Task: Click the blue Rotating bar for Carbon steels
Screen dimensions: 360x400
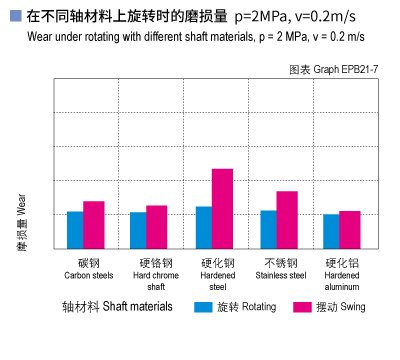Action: point(75,230)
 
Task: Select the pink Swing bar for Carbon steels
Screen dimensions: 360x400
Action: point(93,225)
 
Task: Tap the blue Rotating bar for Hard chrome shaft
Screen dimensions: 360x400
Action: point(138,230)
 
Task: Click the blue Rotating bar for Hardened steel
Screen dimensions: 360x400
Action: point(203,227)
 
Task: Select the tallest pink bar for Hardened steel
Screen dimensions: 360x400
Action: point(222,208)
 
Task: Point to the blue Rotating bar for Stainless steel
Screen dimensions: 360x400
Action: point(268,229)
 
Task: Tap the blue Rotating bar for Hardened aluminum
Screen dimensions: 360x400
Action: point(331,231)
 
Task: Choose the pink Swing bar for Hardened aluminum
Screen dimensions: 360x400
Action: point(349,229)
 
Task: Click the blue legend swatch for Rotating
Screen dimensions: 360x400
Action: point(203,307)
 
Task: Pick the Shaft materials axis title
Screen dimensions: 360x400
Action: point(117,307)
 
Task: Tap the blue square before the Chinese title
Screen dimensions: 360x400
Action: point(13,17)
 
